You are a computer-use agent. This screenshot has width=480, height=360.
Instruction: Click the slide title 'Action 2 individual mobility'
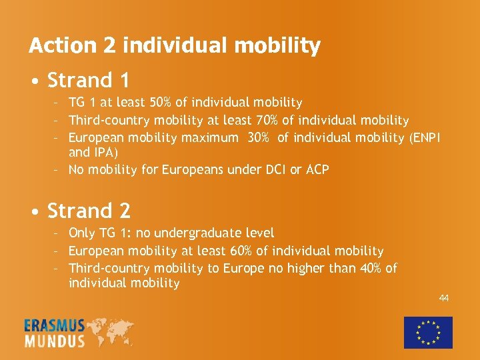[174, 46]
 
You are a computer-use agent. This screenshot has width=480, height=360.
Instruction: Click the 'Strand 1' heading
[88, 81]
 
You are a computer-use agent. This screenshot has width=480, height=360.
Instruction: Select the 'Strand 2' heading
[89, 211]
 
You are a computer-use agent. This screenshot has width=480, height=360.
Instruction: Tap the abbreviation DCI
[274, 170]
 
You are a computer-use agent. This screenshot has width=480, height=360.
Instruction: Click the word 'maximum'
[209, 138]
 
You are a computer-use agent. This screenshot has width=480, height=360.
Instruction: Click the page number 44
[443, 298]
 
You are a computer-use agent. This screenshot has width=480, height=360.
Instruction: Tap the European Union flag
[428, 332]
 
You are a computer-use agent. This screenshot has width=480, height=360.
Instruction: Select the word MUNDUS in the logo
[55, 341]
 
